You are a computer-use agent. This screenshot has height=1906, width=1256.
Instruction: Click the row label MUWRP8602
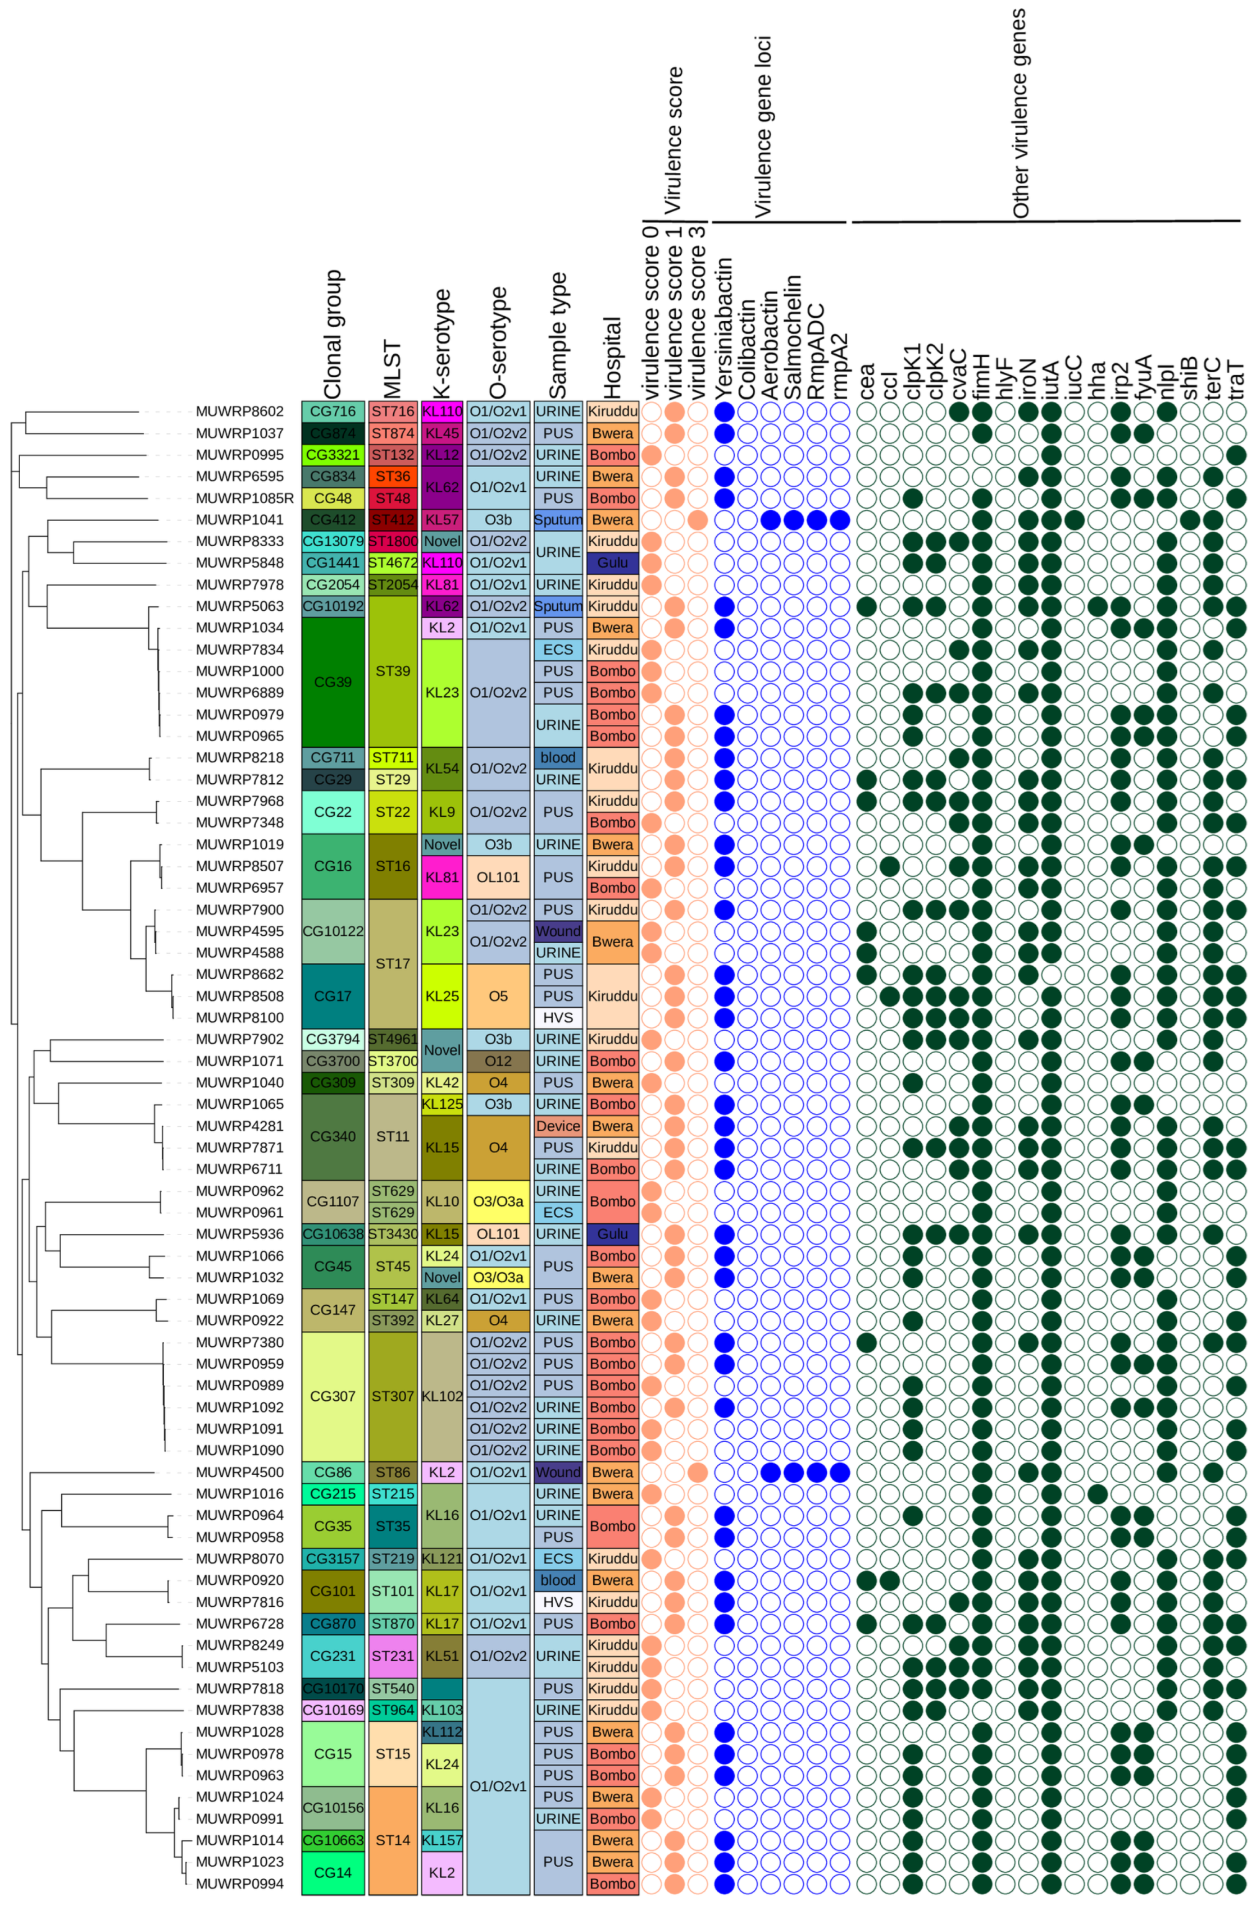[239, 411]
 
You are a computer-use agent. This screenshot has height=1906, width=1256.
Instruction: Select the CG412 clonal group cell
[333, 520]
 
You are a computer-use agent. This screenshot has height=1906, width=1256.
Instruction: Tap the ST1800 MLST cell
[393, 541]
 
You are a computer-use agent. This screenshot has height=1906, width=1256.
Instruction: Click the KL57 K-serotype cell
[442, 520]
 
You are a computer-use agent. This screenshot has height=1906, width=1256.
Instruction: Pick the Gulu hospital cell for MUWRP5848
[613, 563]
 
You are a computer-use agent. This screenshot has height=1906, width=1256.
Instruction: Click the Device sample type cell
[558, 1126]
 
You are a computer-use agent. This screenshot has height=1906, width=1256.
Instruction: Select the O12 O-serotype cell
[498, 1061]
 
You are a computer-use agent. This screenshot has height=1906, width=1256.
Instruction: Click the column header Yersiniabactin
[725, 328]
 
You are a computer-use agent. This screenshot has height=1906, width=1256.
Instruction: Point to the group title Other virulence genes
[1020, 112]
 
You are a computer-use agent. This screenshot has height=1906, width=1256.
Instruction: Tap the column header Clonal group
[333, 334]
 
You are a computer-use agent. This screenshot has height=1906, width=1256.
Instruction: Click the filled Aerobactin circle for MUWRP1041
[771, 520]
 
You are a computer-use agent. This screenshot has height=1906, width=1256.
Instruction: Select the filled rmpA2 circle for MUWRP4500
[839, 1472]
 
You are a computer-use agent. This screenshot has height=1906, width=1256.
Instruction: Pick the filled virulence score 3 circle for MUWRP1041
[698, 520]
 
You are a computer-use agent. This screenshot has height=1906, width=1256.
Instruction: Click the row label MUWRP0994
[239, 1884]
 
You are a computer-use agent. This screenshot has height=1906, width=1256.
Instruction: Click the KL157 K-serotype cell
[442, 1840]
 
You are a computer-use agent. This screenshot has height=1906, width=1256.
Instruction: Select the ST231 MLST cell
[393, 1656]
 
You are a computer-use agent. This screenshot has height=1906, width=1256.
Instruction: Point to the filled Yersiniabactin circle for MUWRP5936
[725, 1234]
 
